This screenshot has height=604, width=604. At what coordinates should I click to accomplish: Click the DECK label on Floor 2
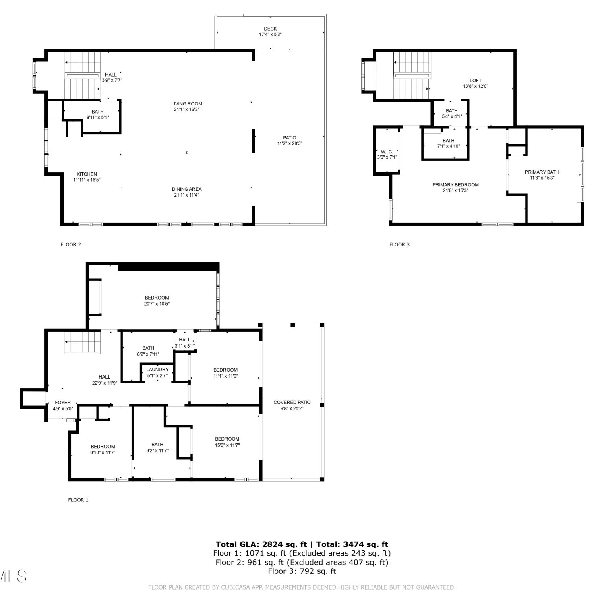pos(270,29)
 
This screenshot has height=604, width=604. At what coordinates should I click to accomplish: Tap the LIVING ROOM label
pos(186,104)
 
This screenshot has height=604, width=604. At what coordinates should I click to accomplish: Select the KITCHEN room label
pos(87,174)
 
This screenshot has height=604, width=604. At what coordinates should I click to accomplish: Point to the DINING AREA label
pos(186,189)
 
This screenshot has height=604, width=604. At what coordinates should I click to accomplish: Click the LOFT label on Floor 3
pos(476,81)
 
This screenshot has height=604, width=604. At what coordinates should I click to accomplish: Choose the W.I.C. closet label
pos(387,152)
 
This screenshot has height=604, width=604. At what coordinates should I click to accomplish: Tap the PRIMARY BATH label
pos(542,172)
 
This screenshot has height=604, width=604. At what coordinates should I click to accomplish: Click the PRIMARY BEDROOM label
pos(456,185)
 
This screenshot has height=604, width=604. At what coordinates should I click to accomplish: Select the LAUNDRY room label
pos(157,370)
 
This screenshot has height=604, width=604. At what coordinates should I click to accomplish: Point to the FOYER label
pos(63,403)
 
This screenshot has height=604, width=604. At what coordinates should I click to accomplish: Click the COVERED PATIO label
pos(292,402)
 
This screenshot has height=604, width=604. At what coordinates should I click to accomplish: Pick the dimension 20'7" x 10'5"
pos(157,304)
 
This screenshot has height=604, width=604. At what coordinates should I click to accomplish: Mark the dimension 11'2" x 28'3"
pos(290,143)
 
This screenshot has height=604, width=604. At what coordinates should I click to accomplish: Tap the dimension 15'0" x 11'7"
pos(227,445)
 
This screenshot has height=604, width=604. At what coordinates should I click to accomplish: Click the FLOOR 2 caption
pos(70,244)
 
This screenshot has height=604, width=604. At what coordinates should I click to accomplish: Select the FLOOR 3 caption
pos(399,244)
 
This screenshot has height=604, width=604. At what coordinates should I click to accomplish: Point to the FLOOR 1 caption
pos(78,500)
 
